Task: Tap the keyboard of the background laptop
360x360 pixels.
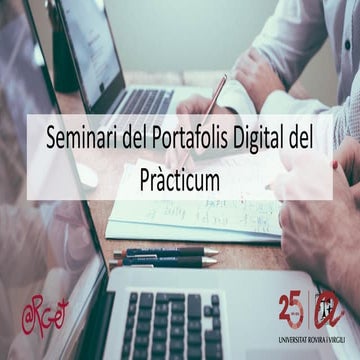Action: pos(140,100)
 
